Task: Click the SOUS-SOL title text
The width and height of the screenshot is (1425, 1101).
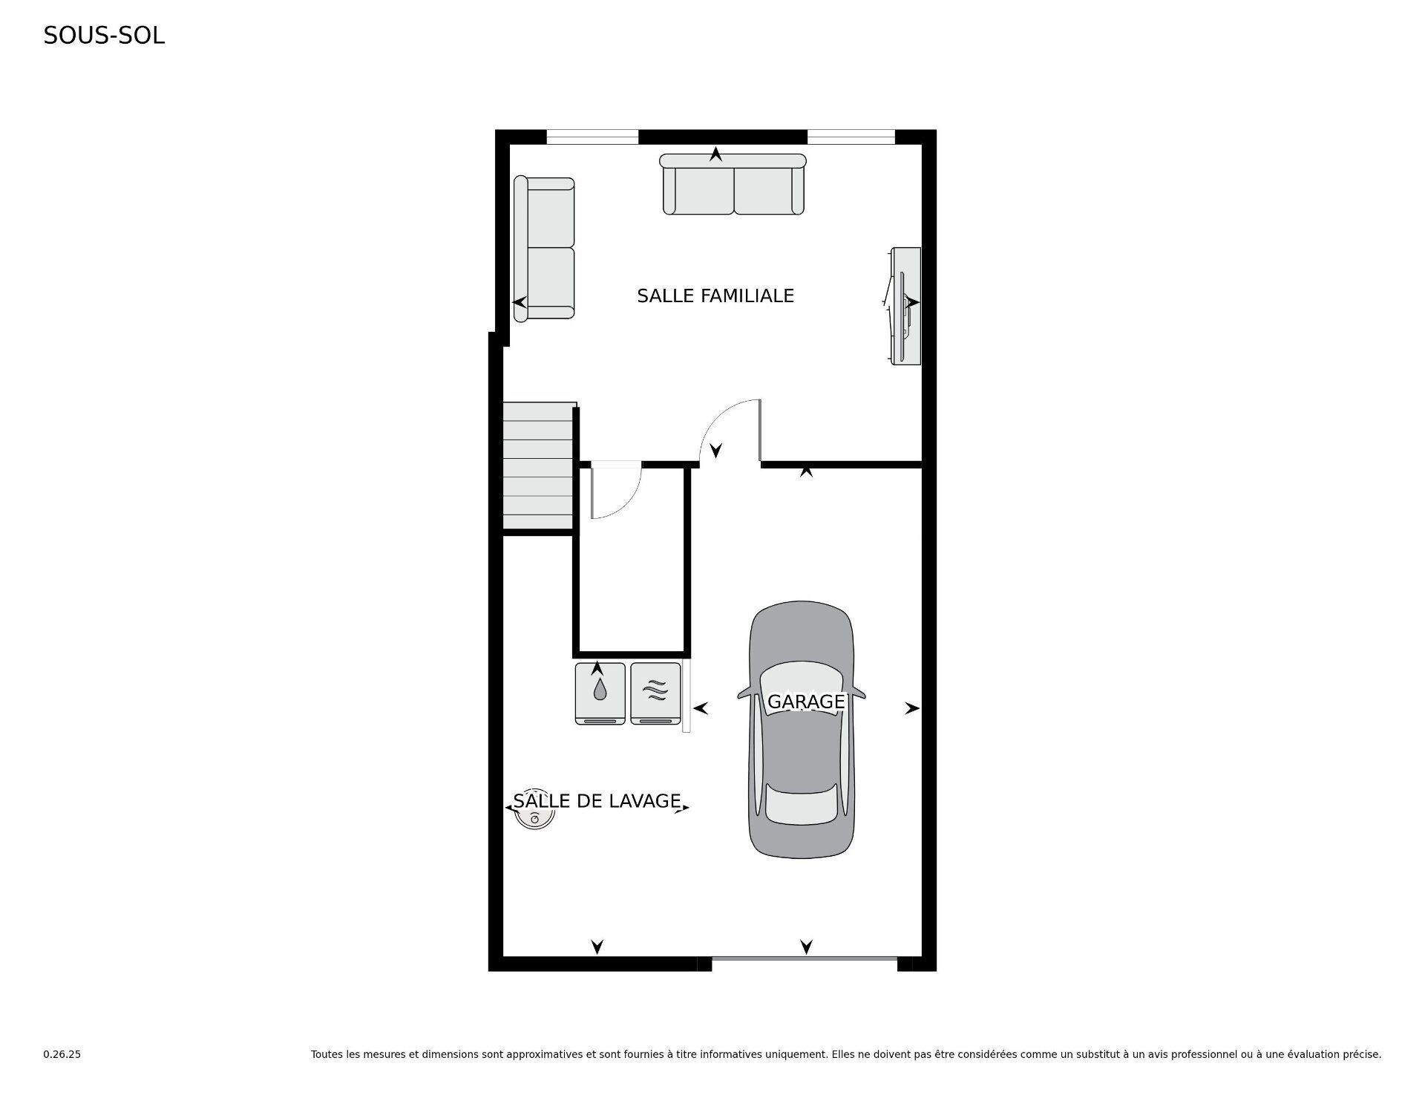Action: pos(104,36)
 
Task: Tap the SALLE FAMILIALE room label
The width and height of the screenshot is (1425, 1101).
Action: pos(715,296)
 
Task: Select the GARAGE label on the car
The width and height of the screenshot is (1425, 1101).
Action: pos(805,702)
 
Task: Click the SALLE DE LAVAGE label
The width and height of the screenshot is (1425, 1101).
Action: pos(597,800)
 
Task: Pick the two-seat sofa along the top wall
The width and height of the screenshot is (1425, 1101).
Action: pos(733,185)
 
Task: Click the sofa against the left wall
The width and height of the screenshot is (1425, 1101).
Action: pos(544,249)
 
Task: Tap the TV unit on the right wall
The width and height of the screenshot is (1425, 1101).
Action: pos(905,305)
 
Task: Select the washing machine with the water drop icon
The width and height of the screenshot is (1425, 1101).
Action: pos(600,693)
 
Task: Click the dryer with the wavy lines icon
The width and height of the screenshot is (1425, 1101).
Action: pos(655,693)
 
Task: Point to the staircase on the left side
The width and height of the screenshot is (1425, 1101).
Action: pos(538,467)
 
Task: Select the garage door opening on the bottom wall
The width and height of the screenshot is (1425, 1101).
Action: pos(805,959)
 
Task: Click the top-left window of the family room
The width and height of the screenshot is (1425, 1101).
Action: pos(592,137)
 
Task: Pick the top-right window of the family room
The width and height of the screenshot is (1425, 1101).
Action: pos(851,137)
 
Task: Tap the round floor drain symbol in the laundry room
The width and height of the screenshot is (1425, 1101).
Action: pos(535,818)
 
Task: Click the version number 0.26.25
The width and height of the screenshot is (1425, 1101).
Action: pos(62,1054)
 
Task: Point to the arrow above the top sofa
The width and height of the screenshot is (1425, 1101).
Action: pos(715,154)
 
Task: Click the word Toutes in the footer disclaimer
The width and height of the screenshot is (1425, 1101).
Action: pos(327,1054)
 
